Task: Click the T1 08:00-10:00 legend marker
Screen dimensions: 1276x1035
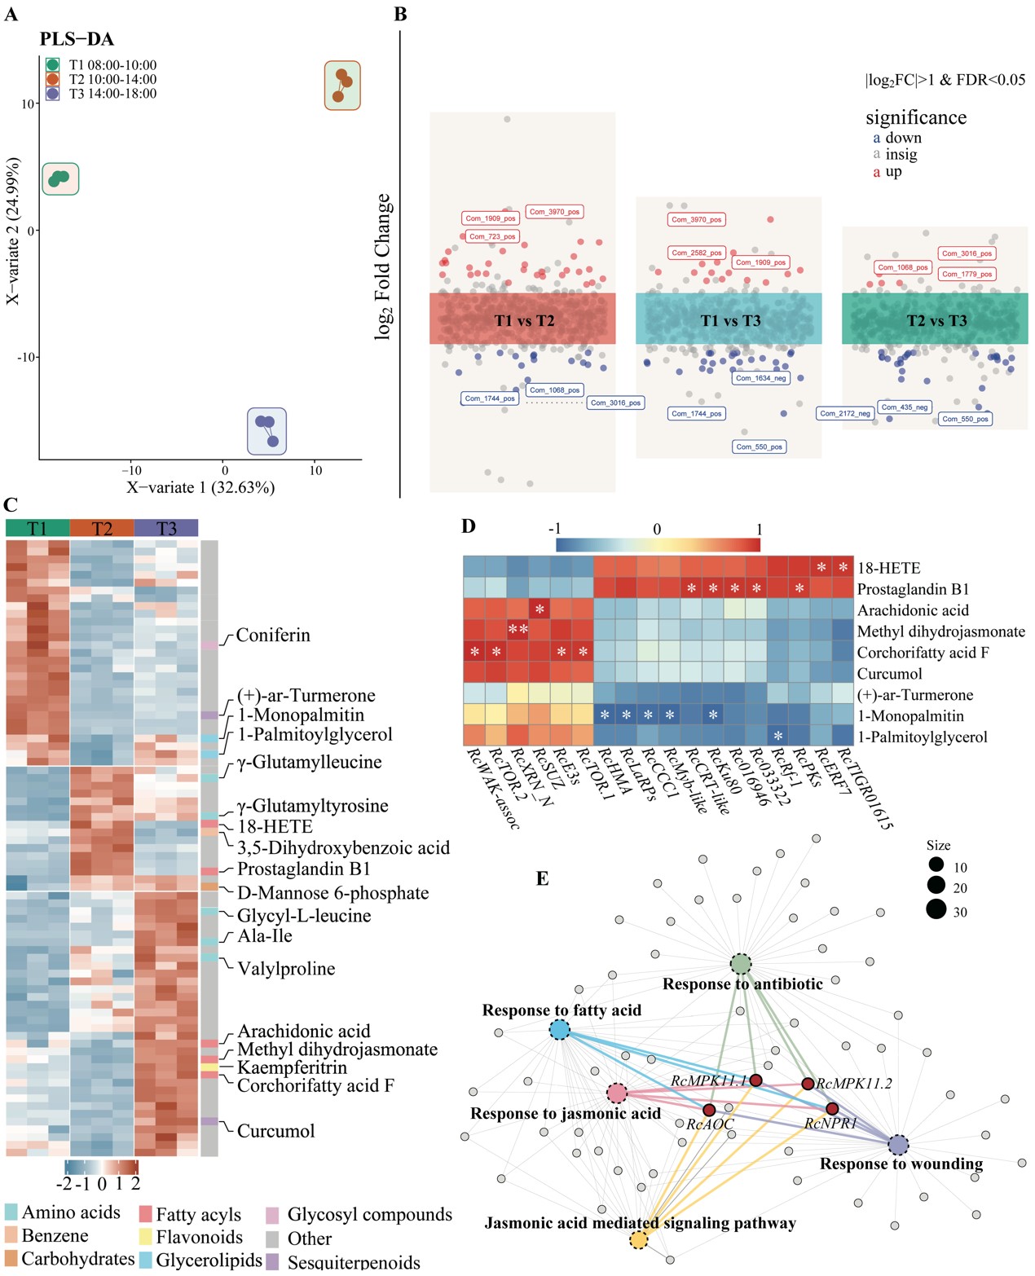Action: tap(53, 65)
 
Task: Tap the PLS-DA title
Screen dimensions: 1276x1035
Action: tap(77, 39)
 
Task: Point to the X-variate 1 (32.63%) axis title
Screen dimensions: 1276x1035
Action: tap(200, 487)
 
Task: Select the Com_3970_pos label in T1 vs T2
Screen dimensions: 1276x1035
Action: tap(554, 212)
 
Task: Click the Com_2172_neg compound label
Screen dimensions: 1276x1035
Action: tap(845, 414)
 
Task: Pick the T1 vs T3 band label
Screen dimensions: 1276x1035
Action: tap(730, 321)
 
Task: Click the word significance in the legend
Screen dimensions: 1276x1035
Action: tap(916, 118)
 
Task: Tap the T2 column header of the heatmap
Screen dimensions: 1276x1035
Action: tap(102, 529)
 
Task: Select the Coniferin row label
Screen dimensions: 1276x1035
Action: tap(273, 636)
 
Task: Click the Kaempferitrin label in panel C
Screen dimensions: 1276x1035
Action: tap(292, 1067)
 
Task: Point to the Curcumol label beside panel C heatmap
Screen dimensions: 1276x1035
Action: tap(275, 1131)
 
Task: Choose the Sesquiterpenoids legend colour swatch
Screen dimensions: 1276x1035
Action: tap(272, 1261)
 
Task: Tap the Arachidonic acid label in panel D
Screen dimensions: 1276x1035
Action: tap(913, 610)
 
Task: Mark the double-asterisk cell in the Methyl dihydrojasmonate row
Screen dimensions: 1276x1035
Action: tap(517, 630)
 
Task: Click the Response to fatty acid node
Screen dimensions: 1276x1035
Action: tap(559, 1029)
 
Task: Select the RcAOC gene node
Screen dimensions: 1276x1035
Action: tap(709, 1110)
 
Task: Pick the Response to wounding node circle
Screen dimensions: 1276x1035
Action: tap(898, 1144)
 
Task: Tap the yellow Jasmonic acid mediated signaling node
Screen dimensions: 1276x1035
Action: tap(639, 1240)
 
